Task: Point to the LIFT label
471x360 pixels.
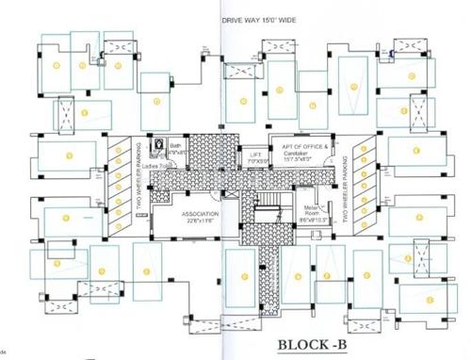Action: tap(255, 154)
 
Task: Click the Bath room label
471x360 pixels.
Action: tap(174, 146)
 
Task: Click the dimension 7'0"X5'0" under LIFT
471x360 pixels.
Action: tap(255, 161)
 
